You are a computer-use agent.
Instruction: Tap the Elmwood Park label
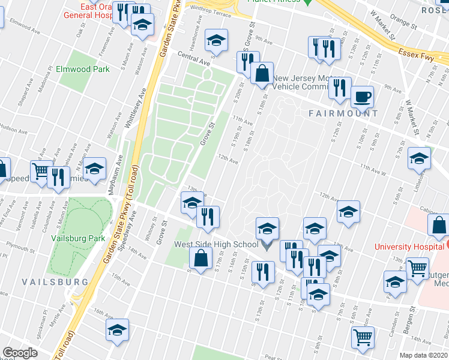(x=82, y=69)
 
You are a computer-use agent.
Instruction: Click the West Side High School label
(x=217, y=244)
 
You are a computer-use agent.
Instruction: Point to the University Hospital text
(x=409, y=246)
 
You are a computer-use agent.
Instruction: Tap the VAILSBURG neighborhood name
(x=55, y=281)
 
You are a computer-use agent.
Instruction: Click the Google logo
(x=20, y=352)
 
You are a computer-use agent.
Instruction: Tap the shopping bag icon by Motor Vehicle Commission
(x=262, y=73)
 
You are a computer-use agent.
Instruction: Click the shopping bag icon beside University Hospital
(x=439, y=226)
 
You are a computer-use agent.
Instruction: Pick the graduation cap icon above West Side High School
(x=268, y=228)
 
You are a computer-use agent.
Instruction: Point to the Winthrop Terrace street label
(x=210, y=9)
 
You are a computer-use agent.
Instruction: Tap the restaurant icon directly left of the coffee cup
(x=340, y=88)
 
